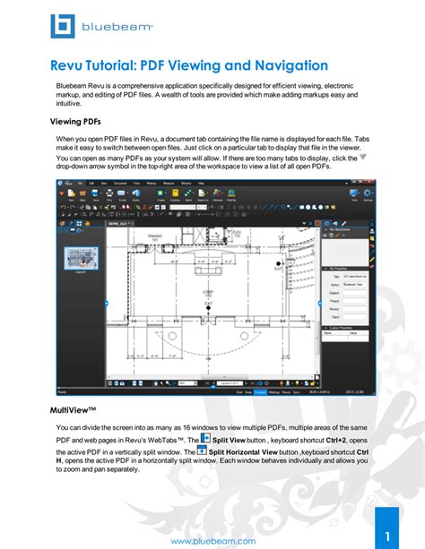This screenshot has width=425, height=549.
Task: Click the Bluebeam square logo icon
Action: (x=64, y=26)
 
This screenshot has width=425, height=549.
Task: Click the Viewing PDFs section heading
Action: (x=78, y=123)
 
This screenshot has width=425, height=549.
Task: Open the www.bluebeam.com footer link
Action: (x=212, y=541)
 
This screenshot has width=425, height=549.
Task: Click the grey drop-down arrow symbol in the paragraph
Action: (x=363, y=158)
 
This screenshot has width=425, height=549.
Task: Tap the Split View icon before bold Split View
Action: (x=205, y=439)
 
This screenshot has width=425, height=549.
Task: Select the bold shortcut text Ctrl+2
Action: (x=338, y=441)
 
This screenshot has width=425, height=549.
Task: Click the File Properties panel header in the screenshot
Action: (x=346, y=268)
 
